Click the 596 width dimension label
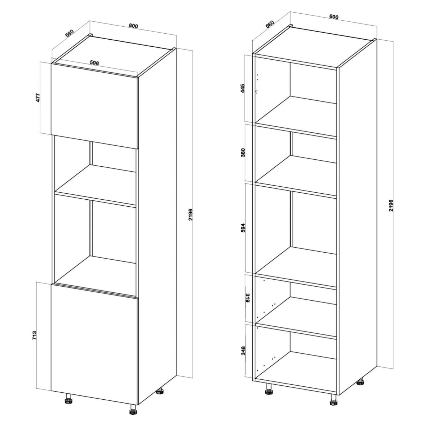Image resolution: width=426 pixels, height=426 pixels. pos(95,63)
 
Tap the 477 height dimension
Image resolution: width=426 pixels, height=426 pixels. pos(38,98)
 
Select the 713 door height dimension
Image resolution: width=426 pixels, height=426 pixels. pos(34,335)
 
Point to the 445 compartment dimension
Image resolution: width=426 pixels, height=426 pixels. pos(243,89)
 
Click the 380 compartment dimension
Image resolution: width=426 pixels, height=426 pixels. pos(243,152)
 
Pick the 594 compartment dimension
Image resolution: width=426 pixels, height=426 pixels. pos(243,228)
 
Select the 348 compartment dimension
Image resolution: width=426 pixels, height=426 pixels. pos(243,356)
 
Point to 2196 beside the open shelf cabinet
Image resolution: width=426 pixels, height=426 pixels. pos(391,206)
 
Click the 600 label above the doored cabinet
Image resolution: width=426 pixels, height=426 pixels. pos(133,26)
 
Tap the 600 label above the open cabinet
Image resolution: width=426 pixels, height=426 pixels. pos(334,17)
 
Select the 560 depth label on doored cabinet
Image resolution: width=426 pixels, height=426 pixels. pos(69,33)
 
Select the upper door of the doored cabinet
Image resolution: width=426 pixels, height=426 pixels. pos(95,106)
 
